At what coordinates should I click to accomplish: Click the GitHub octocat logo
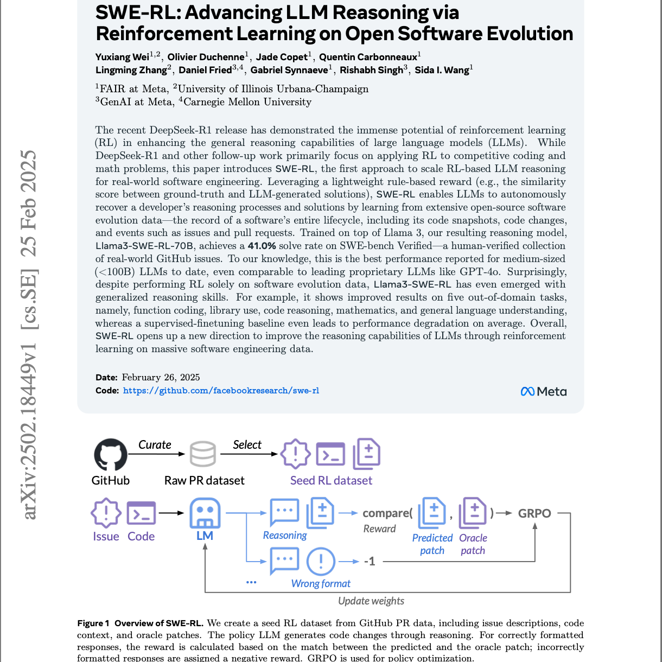coord(111,455)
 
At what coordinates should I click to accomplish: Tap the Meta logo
coord(543,391)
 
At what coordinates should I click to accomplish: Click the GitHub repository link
coord(221,391)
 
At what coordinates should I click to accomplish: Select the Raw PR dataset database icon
coord(203,455)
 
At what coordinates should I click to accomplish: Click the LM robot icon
coord(205,513)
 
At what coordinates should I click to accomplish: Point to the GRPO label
coord(534,513)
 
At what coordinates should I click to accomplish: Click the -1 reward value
coord(370,561)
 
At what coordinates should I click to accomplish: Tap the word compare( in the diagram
coord(387,513)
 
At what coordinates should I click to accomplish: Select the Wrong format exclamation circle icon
coord(321,561)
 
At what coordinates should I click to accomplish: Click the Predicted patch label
coord(432,544)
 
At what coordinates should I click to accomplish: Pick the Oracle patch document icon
coord(473,513)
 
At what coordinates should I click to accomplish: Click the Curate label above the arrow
coord(155,444)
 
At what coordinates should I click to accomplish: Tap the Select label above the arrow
coord(247,444)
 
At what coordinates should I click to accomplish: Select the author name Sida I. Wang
coord(442,70)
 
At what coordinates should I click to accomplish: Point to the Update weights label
coord(371,601)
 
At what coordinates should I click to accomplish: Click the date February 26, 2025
coord(161,378)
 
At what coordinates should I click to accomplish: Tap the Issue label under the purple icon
coord(106,536)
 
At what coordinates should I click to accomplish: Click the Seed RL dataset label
coord(331,480)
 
